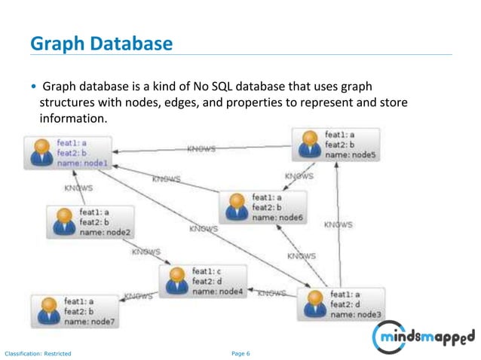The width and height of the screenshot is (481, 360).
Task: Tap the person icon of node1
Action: coord(40,152)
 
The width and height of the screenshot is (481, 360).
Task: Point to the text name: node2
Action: coord(105,232)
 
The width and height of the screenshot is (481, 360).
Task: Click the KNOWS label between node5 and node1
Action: coord(201,148)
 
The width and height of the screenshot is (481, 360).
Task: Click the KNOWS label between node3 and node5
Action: coord(338,224)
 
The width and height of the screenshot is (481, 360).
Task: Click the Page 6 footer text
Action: coord(240,352)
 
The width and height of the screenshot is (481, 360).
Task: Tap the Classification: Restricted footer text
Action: coord(38,352)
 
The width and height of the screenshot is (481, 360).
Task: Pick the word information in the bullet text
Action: coord(73,119)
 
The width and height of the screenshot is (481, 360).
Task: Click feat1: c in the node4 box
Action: coord(207,270)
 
